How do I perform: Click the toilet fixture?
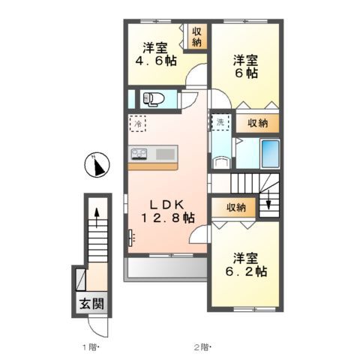coord(153,97)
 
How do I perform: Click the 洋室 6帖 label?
coord(245,67)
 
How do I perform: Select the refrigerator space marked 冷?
coord(139,124)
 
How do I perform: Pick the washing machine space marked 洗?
coord(220,122)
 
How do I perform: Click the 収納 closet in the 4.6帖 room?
coord(196,37)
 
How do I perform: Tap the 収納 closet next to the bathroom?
coord(257,123)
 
